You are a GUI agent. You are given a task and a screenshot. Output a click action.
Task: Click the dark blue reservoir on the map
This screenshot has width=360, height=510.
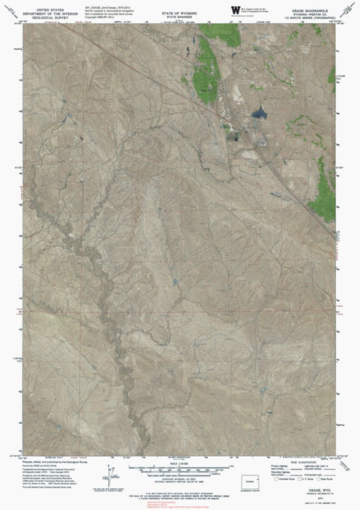point(259,113)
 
